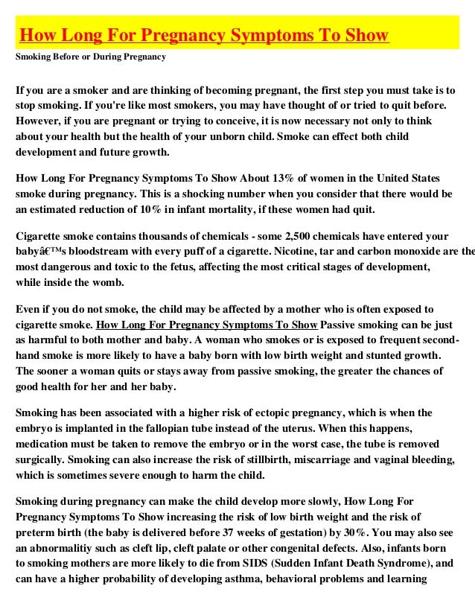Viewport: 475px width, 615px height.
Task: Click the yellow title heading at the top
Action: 203,36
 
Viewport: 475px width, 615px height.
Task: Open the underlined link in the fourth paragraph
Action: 208,325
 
